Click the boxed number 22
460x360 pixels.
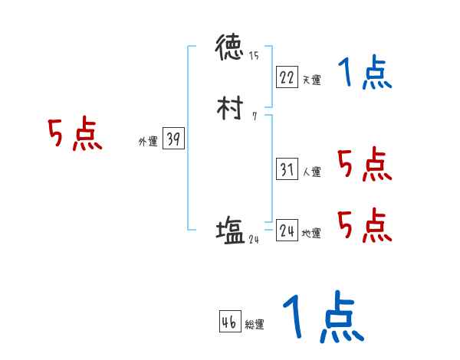286,77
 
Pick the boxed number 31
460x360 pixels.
286,170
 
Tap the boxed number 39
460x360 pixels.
173,139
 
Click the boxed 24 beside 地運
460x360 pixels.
287,231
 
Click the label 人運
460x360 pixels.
311,172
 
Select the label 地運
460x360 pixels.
311,233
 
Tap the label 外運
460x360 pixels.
147,142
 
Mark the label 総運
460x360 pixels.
255,325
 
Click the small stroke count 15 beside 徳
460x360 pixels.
254,56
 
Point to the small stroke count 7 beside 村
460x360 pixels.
254,116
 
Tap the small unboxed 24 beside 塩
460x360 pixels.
255,239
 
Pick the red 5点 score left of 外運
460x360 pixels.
74,135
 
